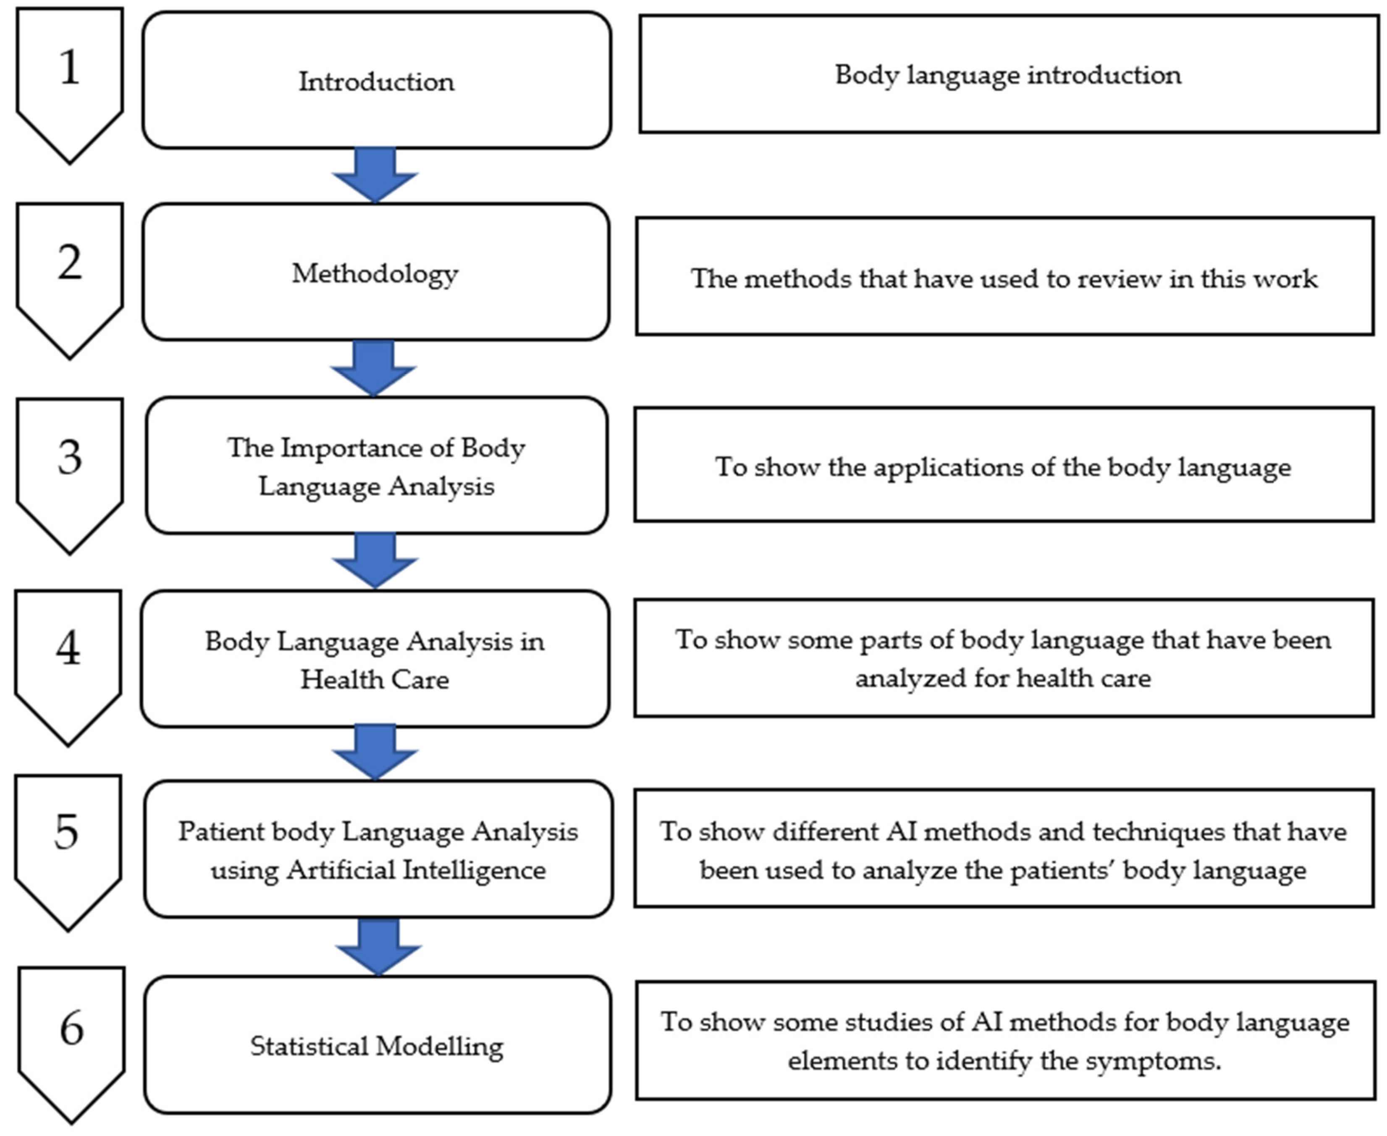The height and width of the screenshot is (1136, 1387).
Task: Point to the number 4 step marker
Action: tap(68, 667)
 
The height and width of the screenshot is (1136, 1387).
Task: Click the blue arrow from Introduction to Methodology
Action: tap(375, 175)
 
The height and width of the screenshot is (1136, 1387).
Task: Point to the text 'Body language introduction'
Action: tap(1008, 75)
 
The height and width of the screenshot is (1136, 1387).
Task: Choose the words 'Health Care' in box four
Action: tap(375, 679)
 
